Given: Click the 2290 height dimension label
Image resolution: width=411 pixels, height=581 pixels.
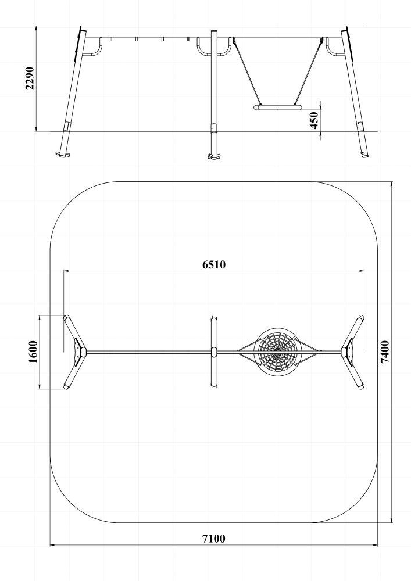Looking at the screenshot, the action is (30, 78).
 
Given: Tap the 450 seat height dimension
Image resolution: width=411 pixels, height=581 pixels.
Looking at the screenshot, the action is (314, 120).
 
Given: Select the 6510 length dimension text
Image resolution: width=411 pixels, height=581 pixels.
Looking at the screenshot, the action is (214, 264).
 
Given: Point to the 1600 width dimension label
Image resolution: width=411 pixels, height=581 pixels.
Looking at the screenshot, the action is (33, 352).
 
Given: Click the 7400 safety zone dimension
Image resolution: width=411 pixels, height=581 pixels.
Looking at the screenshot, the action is (385, 352).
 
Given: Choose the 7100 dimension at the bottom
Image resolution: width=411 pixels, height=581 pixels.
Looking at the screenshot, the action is (214, 539).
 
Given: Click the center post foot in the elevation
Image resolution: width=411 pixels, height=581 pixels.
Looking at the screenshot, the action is (214, 156).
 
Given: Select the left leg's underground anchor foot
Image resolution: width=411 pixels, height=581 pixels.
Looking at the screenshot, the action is (62, 154).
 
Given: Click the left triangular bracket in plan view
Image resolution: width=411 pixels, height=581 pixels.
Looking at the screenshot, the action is (78, 352).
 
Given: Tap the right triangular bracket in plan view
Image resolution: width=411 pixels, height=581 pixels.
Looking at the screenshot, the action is (349, 352).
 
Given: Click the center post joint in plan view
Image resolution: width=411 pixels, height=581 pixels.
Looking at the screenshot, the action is (214, 352).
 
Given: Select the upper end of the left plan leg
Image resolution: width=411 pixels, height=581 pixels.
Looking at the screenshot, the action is (67, 318).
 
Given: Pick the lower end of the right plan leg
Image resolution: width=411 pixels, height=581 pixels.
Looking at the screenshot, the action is (361, 386).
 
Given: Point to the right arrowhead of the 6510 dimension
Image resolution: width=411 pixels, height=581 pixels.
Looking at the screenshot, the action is (362, 271).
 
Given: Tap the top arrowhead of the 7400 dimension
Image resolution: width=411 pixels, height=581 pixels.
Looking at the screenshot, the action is (392, 184).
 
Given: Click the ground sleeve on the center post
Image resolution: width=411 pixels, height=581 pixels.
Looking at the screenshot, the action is (214, 128).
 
